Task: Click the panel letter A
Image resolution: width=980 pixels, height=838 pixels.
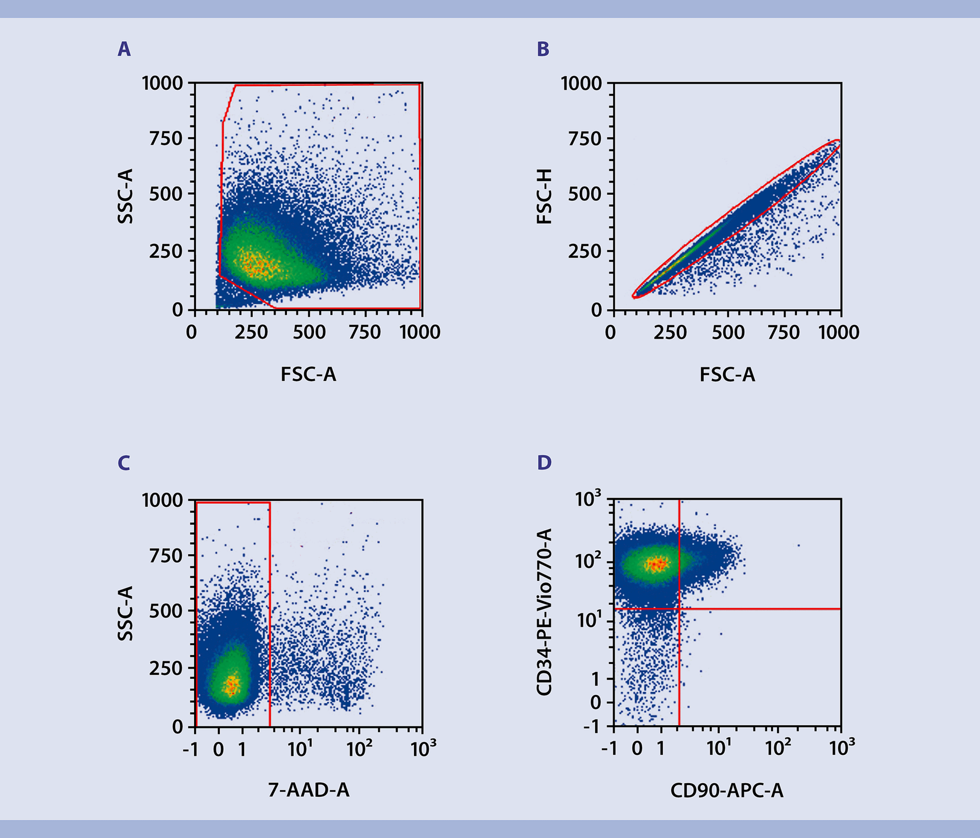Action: click(x=124, y=49)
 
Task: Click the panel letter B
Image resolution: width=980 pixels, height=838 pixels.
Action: click(x=543, y=49)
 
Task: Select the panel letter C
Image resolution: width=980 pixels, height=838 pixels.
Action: click(x=124, y=463)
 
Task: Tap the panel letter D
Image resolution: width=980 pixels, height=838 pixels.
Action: click(x=544, y=463)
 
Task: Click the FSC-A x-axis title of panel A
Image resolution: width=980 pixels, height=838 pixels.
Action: click(x=308, y=375)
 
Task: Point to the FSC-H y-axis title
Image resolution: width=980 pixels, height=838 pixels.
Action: click(x=545, y=196)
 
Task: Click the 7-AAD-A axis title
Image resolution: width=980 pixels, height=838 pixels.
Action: click(x=309, y=790)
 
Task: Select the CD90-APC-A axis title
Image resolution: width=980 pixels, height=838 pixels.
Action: click(x=726, y=791)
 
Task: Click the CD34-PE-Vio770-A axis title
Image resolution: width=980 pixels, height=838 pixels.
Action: click(x=545, y=612)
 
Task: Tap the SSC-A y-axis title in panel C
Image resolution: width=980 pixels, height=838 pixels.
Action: click(x=125, y=613)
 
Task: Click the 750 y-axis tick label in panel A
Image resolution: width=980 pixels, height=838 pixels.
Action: click(x=165, y=138)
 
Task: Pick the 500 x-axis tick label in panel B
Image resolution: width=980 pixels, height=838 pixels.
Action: click(x=728, y=333)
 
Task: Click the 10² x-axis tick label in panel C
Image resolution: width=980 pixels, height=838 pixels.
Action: click(x=359, y=749)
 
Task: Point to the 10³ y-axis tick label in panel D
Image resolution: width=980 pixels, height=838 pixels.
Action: click(x=588, y=499)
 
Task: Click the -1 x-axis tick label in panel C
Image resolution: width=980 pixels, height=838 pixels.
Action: click(x=190, y=749)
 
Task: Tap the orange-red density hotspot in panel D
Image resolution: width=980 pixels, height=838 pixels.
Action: click(x=657, y=564)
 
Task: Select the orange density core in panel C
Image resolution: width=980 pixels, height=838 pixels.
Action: click(x=232, y=685)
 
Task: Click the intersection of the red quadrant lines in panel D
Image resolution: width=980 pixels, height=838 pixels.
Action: click(x=679, y=609)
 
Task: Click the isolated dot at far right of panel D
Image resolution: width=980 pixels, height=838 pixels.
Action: click(x=798, y=546)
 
